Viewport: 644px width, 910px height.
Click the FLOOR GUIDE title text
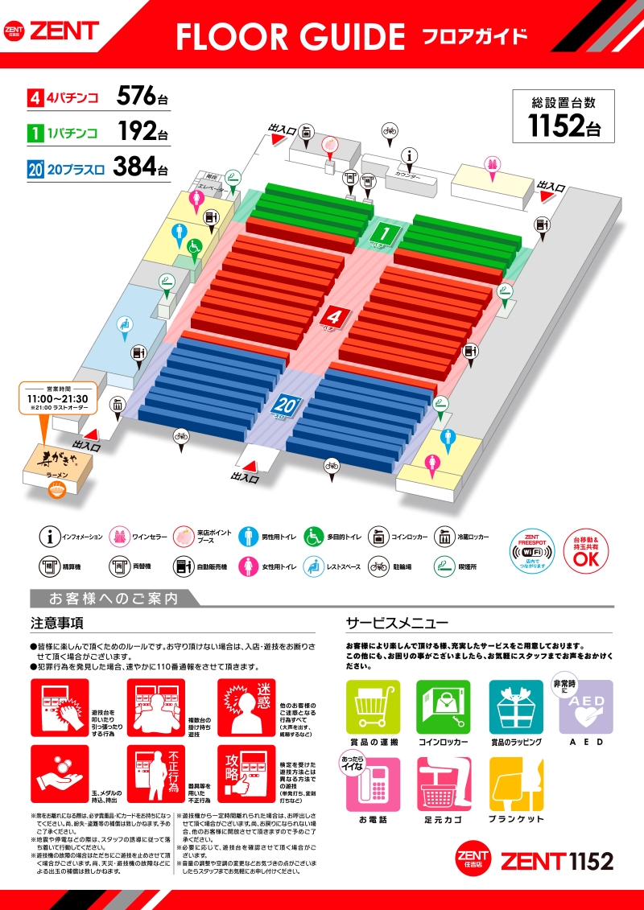point(290,36)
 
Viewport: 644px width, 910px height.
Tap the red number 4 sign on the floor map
point(336,316)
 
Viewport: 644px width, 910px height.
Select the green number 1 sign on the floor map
point(385,233)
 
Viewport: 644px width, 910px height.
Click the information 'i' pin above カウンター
point(411,155)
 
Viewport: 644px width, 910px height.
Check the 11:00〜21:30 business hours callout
point(57,398)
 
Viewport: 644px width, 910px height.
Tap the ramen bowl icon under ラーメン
point(56,489)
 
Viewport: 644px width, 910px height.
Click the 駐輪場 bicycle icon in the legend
point(378,566)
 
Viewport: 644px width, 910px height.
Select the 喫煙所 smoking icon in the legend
point(444,566)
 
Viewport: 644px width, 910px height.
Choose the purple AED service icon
point(585,706)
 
